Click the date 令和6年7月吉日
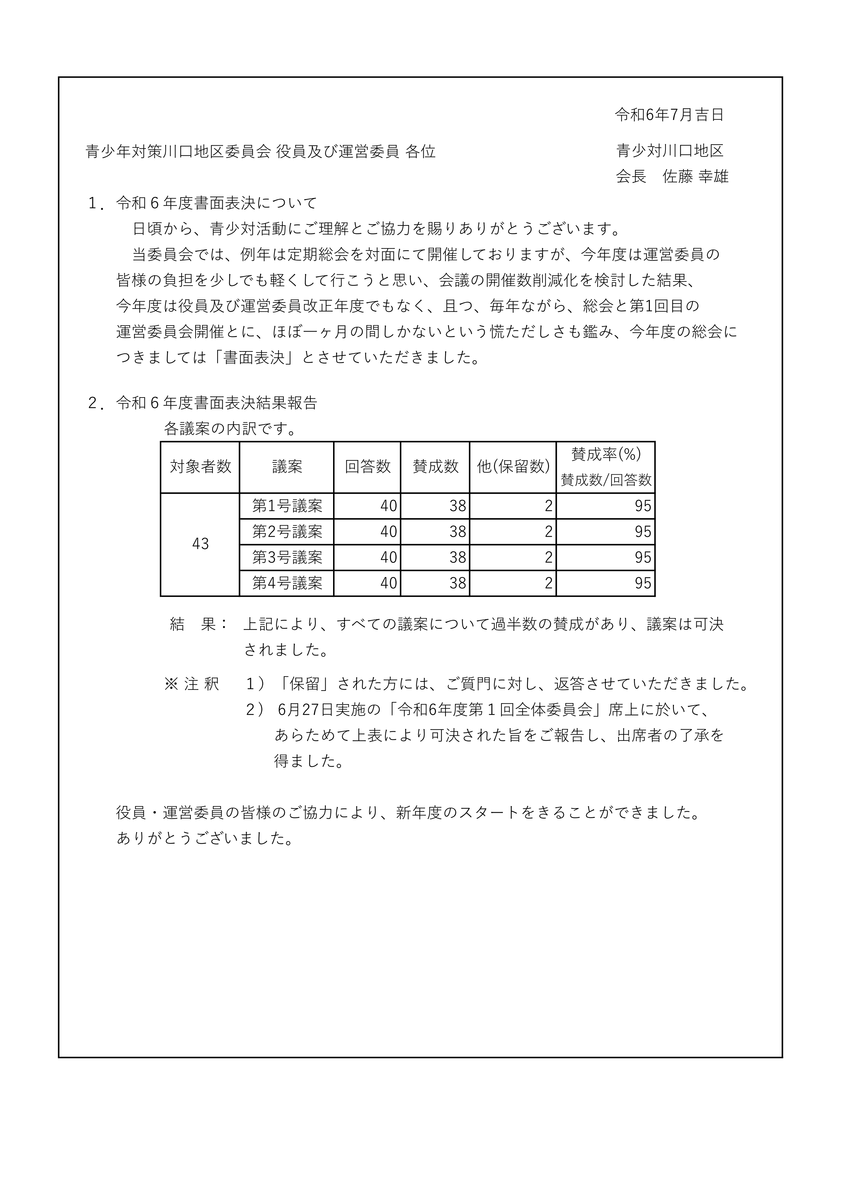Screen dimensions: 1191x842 (669, 115)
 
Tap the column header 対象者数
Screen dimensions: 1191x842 (200, 467)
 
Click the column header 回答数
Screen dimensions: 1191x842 (367, 467)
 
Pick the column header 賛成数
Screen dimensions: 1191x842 (435, 467)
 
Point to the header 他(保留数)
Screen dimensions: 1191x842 (513, 467)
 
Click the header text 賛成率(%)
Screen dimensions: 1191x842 (605, 454)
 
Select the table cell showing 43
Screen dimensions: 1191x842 (200, 544)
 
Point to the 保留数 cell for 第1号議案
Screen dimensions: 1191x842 (548, 506)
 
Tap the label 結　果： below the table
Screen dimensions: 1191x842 (199, 624)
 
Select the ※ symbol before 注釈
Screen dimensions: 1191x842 (171, 684)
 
